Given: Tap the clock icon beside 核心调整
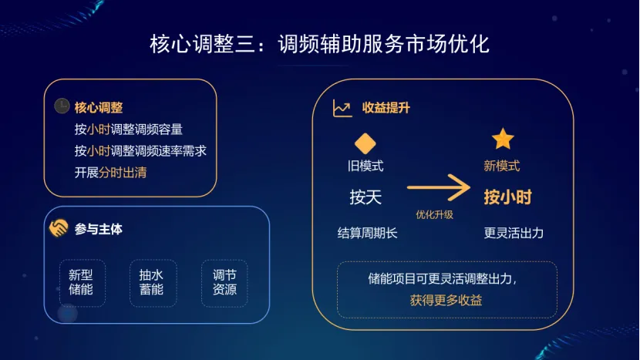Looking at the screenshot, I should click(x=62, y=106).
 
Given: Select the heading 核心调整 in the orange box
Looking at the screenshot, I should click(x=99, y=107).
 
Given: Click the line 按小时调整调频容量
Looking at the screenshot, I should click(x=129, y=129).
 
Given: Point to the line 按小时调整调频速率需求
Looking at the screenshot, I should click(x=140, y=150).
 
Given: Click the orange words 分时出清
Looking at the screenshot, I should click(x=122, y=172).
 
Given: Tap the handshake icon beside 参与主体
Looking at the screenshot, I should click(x=59, y=228).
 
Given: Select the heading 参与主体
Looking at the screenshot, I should click(x=99, y=228).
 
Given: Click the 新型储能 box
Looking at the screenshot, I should click(x=81, y=282).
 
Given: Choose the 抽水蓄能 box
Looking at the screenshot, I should click(x=152, y=282).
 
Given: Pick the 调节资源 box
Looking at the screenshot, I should click(x=224, y=282).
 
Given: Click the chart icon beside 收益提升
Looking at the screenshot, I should click(x=342, y=109).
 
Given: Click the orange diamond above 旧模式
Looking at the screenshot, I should click(x=365, y=143).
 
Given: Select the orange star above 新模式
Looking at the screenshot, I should click(x=503, y=140).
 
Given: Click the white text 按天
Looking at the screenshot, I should click(x=365, y=197).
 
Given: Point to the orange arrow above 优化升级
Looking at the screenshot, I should click(x=438, y=187).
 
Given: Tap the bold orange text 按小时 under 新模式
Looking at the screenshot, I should click(x=507, y=197).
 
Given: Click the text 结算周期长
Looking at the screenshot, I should click(x=368, y=232).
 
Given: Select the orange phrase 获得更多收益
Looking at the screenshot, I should click(x=446, y=300).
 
